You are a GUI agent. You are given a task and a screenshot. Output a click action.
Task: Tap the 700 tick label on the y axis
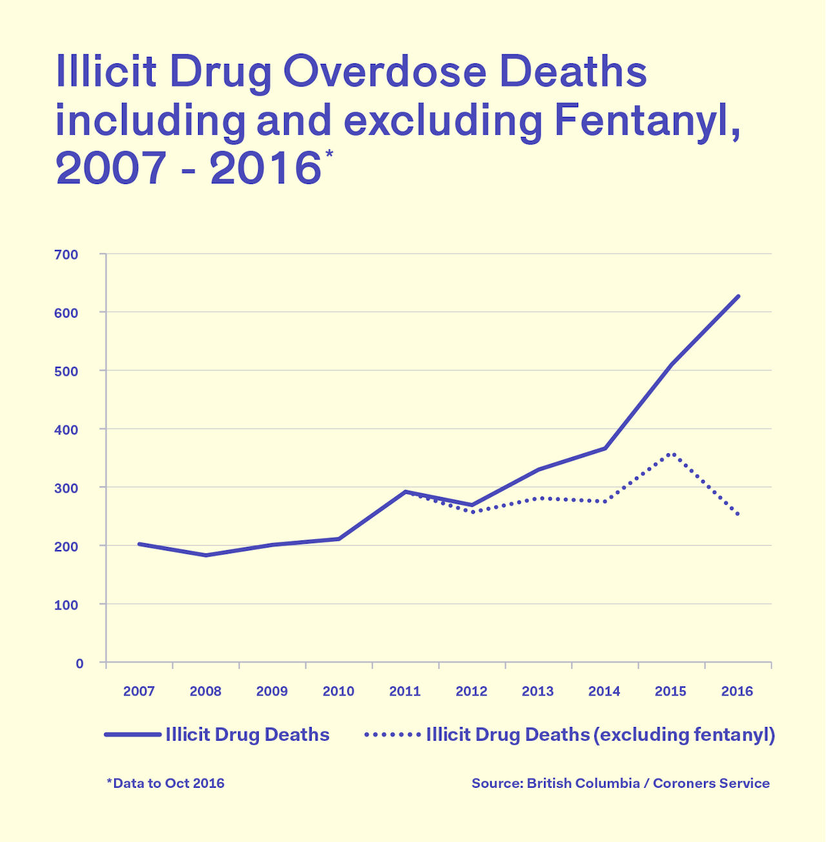coord(66,254)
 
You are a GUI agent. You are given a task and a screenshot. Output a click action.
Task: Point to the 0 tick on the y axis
coord(79,663)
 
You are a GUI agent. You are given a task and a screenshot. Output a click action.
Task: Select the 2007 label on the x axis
coord(139,692)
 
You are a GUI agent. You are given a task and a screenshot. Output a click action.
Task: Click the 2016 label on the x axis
coord(737,692)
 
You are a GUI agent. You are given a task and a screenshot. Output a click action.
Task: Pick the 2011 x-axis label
coord(405,692)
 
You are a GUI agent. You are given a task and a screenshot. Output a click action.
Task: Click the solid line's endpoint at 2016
coord(738,296)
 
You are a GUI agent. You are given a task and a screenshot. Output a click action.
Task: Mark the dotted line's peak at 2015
coord(672,454)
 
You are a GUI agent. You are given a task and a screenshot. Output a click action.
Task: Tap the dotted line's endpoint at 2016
coord(738,515)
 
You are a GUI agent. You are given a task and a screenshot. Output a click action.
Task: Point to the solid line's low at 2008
coord(206,555)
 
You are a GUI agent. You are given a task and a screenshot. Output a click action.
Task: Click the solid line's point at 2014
coord(605,448)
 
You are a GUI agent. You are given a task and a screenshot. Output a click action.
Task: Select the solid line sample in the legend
coord(132,735)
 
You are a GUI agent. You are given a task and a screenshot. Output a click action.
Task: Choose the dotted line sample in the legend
coord(392,735)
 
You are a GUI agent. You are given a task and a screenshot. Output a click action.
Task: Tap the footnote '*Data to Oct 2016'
coord(165,783)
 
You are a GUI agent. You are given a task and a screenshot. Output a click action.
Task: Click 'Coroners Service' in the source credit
coord(711,783)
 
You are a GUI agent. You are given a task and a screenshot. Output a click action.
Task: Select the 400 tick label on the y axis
coord(66,429)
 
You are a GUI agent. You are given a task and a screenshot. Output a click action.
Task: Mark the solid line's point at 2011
coord(405,491)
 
